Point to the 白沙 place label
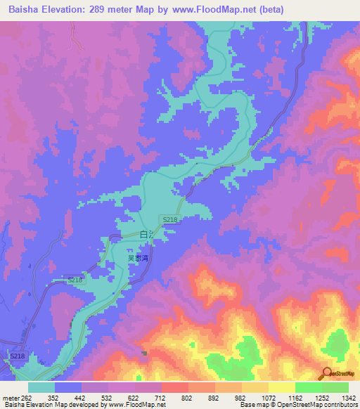click(146, 235)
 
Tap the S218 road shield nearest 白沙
click(169, 220)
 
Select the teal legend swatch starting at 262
click(41, 387)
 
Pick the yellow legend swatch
click(281, 387)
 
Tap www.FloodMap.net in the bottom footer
click(137, 405)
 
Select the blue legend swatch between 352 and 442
click(68, 387)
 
